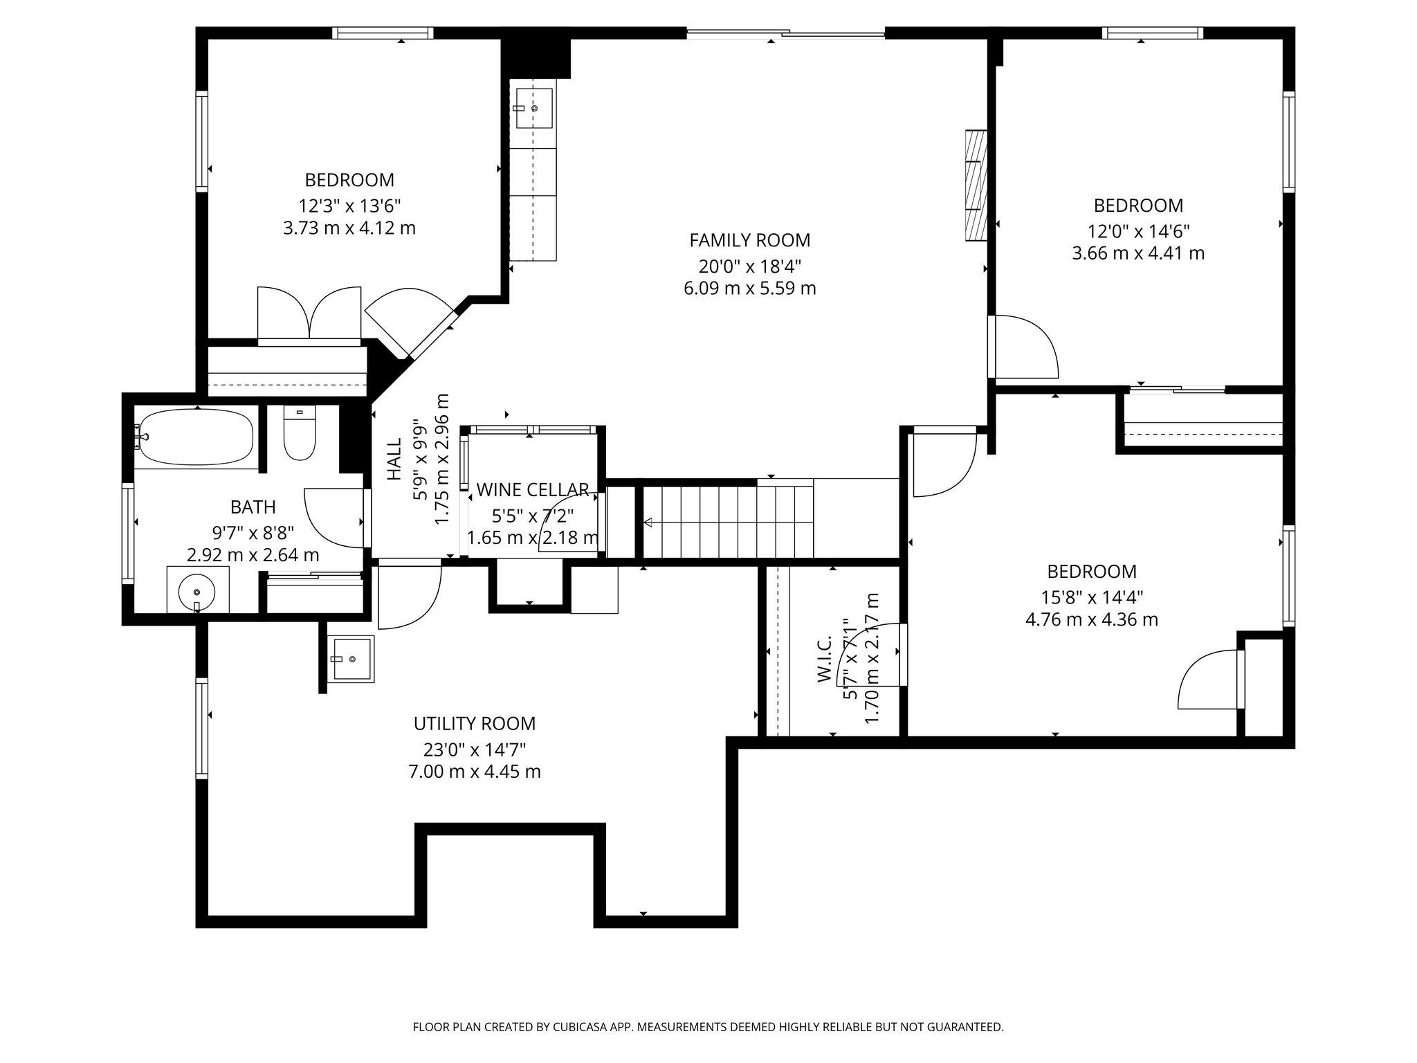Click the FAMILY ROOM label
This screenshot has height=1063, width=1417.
[x=749, y=240]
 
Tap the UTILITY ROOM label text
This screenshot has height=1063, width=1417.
[x=475, y=724]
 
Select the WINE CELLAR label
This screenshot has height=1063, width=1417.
[x=533, y=490]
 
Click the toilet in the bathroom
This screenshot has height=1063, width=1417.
[x=300, y=434]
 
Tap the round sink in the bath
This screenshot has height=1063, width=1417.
[x=197, y=592]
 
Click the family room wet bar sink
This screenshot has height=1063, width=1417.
[x=533, y=108]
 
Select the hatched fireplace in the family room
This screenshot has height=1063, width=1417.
[x=976, y=185]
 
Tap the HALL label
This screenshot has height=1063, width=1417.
[x=394, y=460]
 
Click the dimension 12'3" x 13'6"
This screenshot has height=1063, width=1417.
[x=349, y=206]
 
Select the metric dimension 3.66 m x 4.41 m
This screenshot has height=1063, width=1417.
[x=1138, y=253]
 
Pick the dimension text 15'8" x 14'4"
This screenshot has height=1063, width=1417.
[x=1092, y=597]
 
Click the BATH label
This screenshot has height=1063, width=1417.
[x=253, y=507]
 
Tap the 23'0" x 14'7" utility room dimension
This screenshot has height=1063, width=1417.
[x=475, y=749]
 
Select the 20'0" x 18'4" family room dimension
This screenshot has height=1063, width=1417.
[x=749, y=265]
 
